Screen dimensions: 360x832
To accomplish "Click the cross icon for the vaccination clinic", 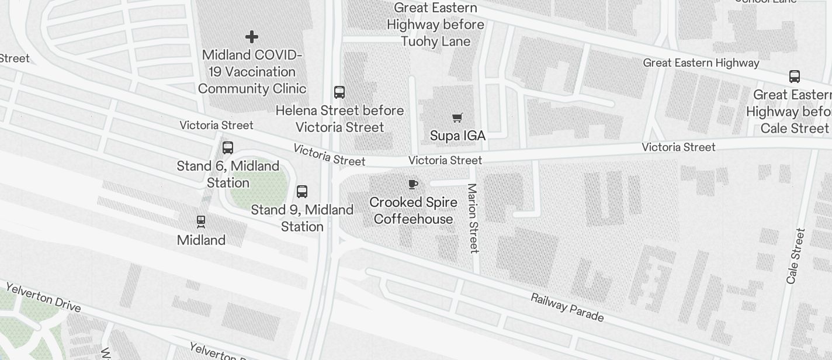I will coord(252,37).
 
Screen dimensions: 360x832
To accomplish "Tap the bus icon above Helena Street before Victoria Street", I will coord(339,92).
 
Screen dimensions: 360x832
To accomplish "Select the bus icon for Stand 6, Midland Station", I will coord(228,148).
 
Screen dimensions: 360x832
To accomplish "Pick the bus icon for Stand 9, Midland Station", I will coord(302,192).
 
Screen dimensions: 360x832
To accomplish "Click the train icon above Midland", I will coord(201,221).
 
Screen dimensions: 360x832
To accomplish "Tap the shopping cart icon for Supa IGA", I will coord(457,118).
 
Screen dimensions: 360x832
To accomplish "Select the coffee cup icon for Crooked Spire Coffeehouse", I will coord(413,185).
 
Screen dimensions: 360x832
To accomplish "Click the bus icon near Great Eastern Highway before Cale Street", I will coord(795,76).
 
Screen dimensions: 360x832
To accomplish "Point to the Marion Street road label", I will coord(473,219).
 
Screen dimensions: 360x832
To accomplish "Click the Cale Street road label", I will coord(796,256).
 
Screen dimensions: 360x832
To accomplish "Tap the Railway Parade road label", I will coord(567,307).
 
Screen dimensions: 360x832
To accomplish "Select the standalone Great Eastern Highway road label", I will coord(701,63).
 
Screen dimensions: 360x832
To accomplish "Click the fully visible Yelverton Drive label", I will coord(43,297).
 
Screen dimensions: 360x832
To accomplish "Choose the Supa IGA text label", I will coord(457,136).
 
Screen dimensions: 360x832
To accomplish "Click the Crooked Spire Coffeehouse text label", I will coord(413,210).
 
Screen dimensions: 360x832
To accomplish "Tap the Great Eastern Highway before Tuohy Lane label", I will coord(436,25).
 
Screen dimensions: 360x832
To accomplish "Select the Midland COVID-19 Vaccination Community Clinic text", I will coord(252,72).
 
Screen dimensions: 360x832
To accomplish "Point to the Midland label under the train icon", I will coord(201,240).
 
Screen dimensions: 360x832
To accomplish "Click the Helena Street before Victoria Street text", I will coord(339,119).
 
